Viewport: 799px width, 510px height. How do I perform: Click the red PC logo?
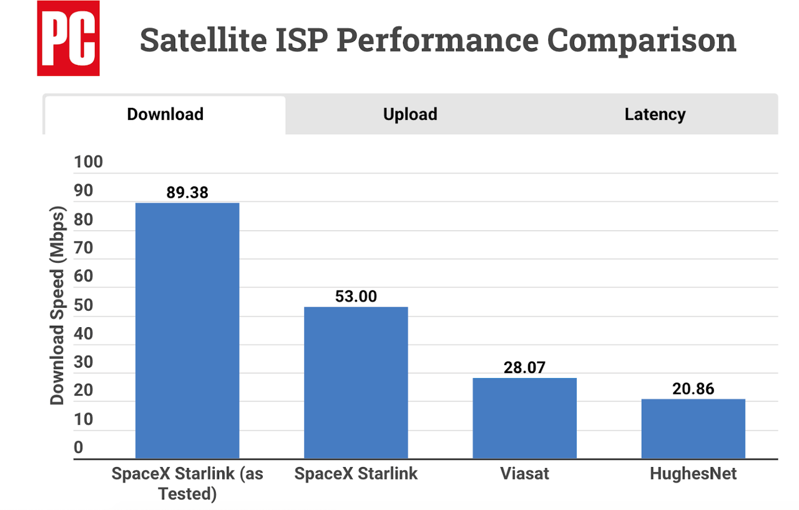[68, 38]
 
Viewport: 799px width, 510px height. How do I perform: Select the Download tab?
[165, 114]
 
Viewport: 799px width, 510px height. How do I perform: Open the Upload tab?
[409, 114]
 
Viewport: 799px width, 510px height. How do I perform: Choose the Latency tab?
[654, 114]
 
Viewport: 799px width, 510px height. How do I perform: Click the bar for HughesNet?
[693, 429]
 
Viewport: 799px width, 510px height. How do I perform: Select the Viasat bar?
[524, 418]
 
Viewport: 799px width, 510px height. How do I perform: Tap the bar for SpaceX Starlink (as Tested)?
[187, 331]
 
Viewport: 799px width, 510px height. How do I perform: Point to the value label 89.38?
[187, 192]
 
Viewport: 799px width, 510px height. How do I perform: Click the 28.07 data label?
[524, 368]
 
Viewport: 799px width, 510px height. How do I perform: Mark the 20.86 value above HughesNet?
[693, 389]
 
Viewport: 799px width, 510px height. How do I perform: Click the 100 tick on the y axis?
[88, 163]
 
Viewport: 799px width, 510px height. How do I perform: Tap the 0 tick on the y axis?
[79, 448]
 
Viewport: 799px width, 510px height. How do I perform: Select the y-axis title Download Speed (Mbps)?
[57, 304]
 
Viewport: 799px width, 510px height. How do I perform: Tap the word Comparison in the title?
[641, 40]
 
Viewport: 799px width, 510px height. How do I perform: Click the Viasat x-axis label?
[524, 474]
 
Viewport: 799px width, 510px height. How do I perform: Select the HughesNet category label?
[693, 474]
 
